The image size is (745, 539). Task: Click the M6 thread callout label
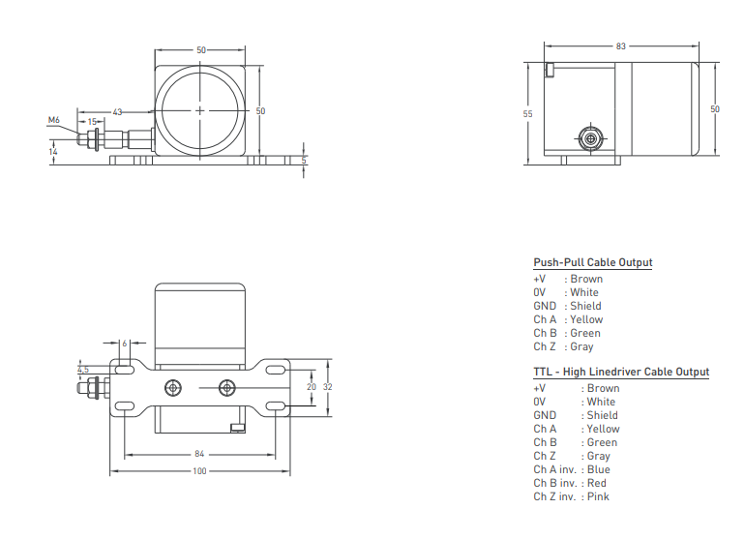click(53, 120)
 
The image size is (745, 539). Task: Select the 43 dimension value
click(117, 112)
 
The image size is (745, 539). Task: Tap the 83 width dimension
click(621, 46)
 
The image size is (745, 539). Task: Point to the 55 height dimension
click(528, 114)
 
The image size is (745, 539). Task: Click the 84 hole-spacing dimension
click(199, 455)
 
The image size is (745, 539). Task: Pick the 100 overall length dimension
click(199, 471)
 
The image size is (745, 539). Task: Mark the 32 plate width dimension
click(328, 387)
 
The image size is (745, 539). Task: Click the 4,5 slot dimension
click(83, 370)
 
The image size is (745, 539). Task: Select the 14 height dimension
click(53, 152)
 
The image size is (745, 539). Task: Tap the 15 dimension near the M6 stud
click(93, 122)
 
